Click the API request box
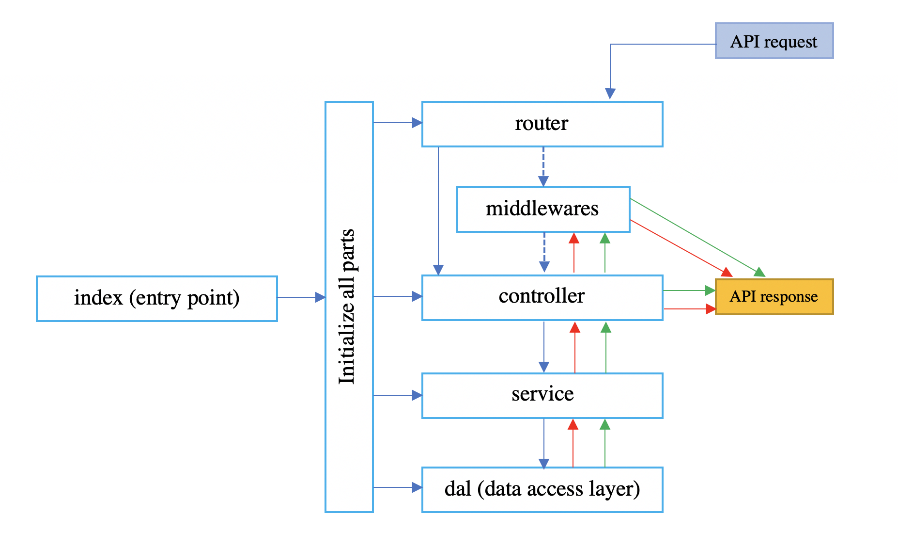tap(774, 41)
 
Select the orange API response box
tap(774, 296)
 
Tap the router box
tap(542, 124)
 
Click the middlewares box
tap(543, 209)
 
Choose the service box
tap(542, 395)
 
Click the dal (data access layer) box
tap(542, 489)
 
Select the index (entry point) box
tap(156, 298)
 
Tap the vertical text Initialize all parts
tap(347, 307)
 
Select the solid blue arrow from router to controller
tap(438, 209)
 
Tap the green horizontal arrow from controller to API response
tap(688, 291)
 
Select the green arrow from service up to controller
tap(606, 348)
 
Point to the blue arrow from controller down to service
tap(544, 346)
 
